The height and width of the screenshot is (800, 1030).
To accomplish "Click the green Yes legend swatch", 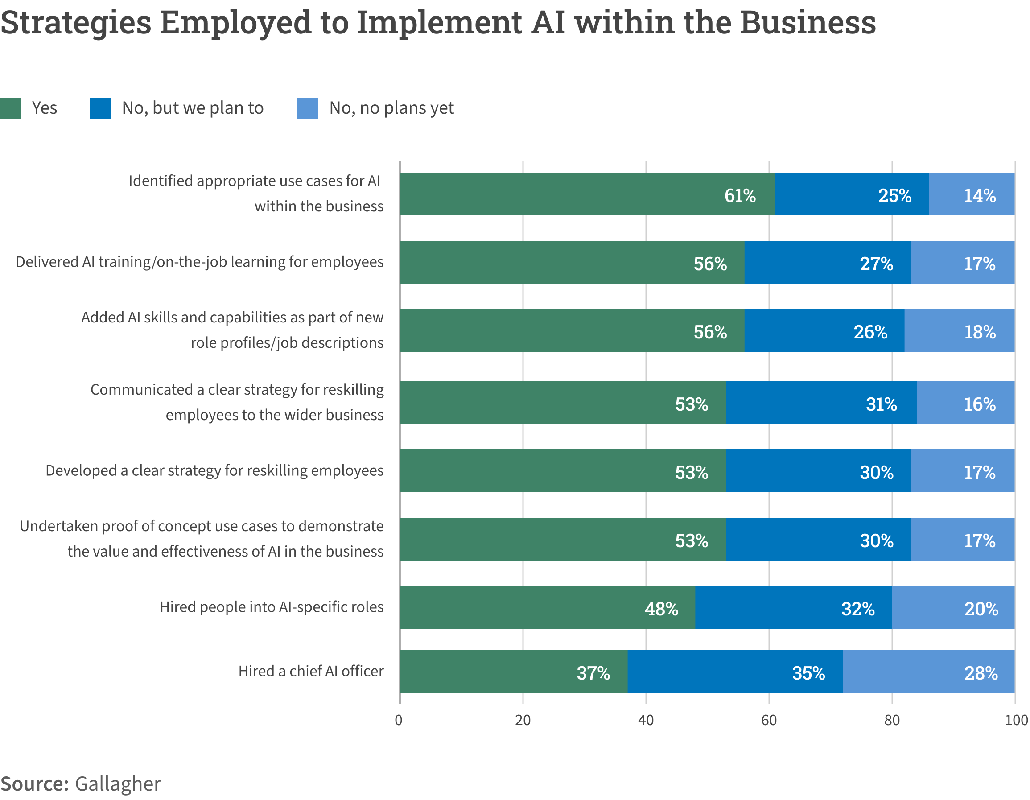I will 10,108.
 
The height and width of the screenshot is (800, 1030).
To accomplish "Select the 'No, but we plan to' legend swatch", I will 100,108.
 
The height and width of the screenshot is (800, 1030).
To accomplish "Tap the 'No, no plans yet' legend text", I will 391,108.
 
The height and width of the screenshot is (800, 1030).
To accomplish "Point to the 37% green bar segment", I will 513,671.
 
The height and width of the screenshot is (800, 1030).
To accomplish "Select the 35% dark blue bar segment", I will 735,671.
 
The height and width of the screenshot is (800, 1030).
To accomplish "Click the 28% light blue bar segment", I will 928,671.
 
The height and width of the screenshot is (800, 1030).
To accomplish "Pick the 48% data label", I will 661,609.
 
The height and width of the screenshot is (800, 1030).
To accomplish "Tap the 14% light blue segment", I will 972,194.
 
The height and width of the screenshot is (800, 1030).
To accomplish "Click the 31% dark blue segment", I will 820,402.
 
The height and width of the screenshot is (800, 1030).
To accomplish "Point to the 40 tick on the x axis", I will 646,720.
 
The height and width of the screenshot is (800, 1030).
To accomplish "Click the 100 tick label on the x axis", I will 1016,720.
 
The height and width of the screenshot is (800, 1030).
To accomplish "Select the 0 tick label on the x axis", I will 399,720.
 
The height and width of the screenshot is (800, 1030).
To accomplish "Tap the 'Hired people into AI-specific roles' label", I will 271,606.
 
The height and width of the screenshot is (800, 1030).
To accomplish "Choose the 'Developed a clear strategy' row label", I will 214,470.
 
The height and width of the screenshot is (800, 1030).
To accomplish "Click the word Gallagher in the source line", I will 118,784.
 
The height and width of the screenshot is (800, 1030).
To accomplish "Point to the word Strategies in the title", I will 75,23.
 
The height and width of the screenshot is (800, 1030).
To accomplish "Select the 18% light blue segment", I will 959,330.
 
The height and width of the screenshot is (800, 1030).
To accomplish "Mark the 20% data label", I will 981,609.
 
